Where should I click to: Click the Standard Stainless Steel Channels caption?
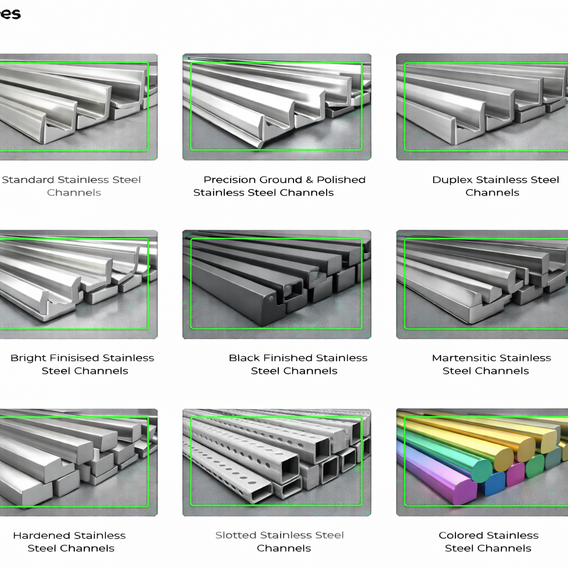click(72, 186)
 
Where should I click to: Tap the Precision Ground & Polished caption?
click(285, 180)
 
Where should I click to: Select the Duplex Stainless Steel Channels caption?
click(495, 186)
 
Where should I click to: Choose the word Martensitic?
click(461, 358)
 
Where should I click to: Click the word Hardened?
click(41, 535)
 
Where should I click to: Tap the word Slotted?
click(236, 535)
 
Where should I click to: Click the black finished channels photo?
click(277, 285)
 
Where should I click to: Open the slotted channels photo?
click(277, 462)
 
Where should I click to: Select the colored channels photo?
click(482, 462)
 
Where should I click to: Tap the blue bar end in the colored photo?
click(493, 483)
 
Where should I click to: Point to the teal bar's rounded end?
click(483, 470)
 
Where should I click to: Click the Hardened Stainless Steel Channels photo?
click(79, 462)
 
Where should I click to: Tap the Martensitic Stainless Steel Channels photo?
click(482, 285)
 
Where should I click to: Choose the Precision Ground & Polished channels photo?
click(277, 107)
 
